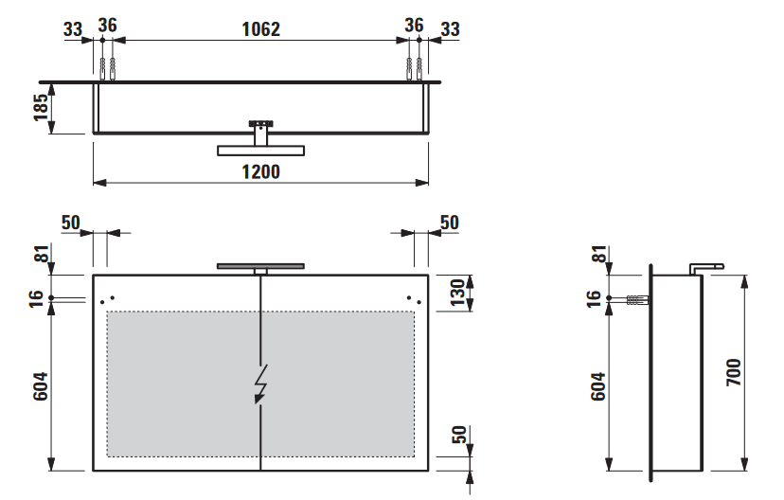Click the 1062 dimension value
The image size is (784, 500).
click(261, 29)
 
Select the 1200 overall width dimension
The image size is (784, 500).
click(261, 172)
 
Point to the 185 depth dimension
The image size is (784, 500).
click(41, 108)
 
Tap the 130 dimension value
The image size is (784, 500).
click(458, 293)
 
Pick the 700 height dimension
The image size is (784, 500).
click(734, 372)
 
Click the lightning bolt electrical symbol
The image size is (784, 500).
click(260, 384)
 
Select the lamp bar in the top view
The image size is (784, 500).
click(260, 151)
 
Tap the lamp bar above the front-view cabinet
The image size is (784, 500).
click(260, 266)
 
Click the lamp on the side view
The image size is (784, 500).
click(706, 269)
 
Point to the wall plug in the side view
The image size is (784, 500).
click(638, 300)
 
